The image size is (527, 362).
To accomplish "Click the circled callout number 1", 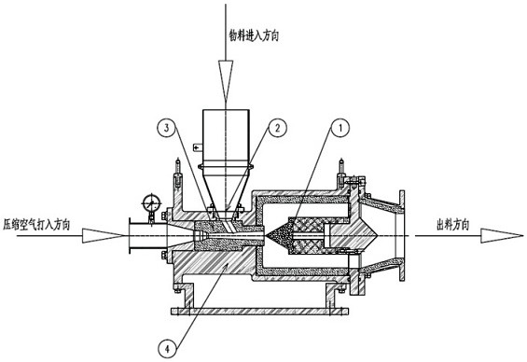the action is (340, 128).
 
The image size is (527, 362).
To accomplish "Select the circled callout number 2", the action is (277, 128).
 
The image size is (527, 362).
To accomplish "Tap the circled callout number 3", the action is (167, 128).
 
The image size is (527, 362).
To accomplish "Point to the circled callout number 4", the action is (167, 349).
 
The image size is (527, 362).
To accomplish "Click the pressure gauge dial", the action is (151, 203).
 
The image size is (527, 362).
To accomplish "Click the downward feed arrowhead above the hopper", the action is (226, 80).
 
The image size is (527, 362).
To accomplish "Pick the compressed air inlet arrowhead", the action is (104, 235).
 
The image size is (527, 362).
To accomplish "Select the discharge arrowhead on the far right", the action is (502, 236).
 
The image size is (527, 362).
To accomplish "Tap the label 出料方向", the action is (452, 224).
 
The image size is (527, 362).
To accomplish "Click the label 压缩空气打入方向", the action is (36, 224).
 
